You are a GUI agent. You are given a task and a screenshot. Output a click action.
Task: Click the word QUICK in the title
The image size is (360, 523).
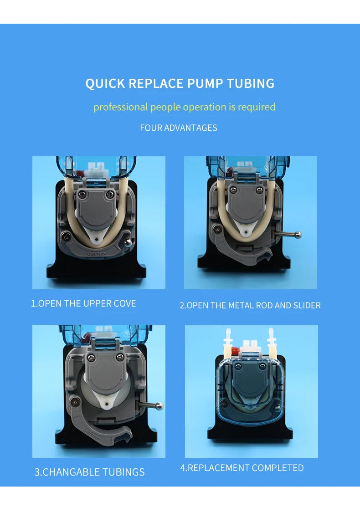click(x=104, y=83)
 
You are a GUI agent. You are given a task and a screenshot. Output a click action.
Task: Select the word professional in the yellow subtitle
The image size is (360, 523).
click(x=120, y=108)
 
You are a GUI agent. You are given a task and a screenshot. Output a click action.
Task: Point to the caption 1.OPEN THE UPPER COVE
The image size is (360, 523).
click(x=83, y=303)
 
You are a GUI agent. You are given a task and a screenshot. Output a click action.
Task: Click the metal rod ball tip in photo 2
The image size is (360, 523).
click(x=298, y=235)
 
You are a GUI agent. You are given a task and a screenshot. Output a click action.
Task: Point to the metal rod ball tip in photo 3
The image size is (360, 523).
click(x=159, y=406)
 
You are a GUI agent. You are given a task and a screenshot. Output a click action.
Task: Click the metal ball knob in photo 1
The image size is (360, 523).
click(x=128, y=242)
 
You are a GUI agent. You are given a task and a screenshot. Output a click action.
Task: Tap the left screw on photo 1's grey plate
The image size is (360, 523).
click(x=82, y=195)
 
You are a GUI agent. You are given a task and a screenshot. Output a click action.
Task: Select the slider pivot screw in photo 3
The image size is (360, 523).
click(x=74, y=402)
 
